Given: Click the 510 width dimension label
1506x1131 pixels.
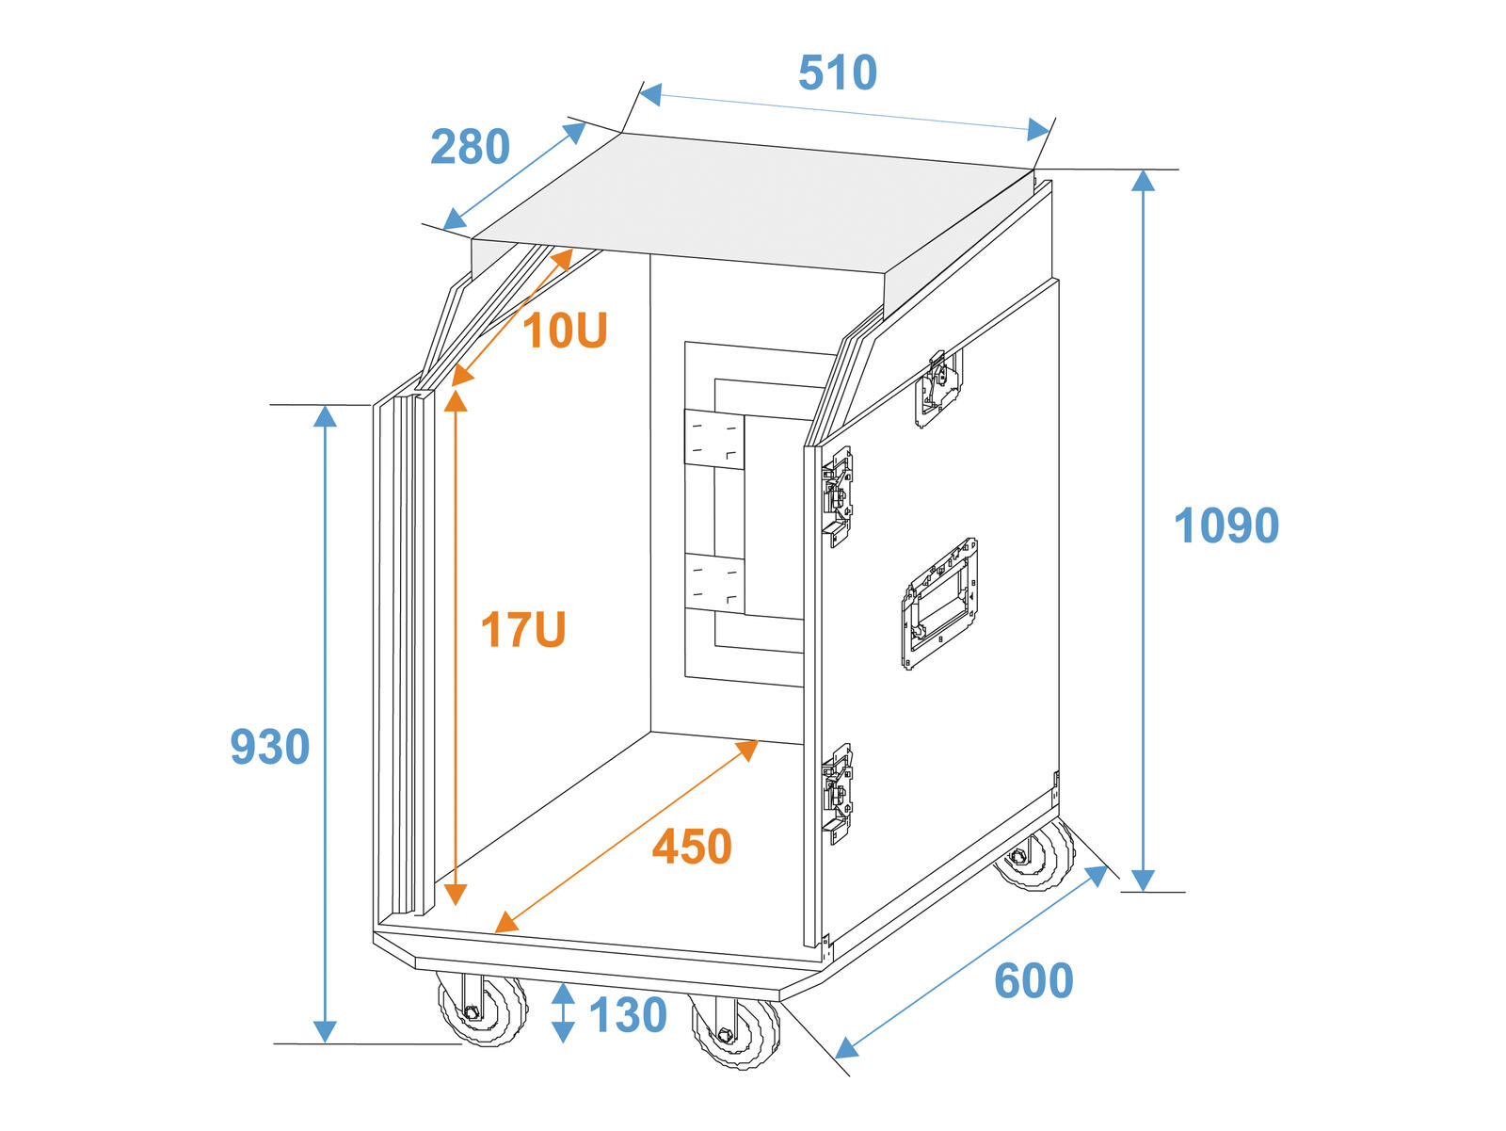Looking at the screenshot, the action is (x=837, y=73).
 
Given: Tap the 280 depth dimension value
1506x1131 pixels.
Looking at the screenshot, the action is (x=470, y=146).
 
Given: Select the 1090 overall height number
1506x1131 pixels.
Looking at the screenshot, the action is (x=1226, y=525).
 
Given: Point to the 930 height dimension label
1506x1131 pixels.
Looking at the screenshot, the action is (x=269, y=747).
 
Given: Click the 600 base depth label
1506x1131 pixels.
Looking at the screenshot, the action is (x=1033, y=980).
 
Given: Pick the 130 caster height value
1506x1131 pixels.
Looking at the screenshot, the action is (x=628, y=1015).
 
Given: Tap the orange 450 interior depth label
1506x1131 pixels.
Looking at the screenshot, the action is (x=692, y=847).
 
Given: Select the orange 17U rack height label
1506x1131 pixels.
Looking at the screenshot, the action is (x=522, y=629).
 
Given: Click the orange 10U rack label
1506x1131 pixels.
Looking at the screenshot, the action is (x=565, y=331).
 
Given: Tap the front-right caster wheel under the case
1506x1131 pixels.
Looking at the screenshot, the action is (x=735, y=1030).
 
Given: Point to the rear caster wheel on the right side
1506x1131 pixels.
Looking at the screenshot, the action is (x=1034, y=854).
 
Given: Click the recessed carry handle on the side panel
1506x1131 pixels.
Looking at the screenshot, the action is (x=939, y=604).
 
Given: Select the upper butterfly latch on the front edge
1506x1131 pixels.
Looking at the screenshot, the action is (x=838, y=496).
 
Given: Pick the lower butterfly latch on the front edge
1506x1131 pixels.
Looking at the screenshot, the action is (x=838, y=793).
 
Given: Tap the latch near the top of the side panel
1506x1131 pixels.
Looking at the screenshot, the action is (x=937, y=388).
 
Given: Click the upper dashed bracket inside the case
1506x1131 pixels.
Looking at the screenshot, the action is (x=713, y=439).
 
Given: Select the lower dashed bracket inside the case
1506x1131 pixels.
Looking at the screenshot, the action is (x=713, y=583).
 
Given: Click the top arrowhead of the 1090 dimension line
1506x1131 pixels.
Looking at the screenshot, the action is (x=1143, y=180).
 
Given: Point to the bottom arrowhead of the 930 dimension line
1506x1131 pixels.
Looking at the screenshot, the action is (x=325, y=1032).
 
